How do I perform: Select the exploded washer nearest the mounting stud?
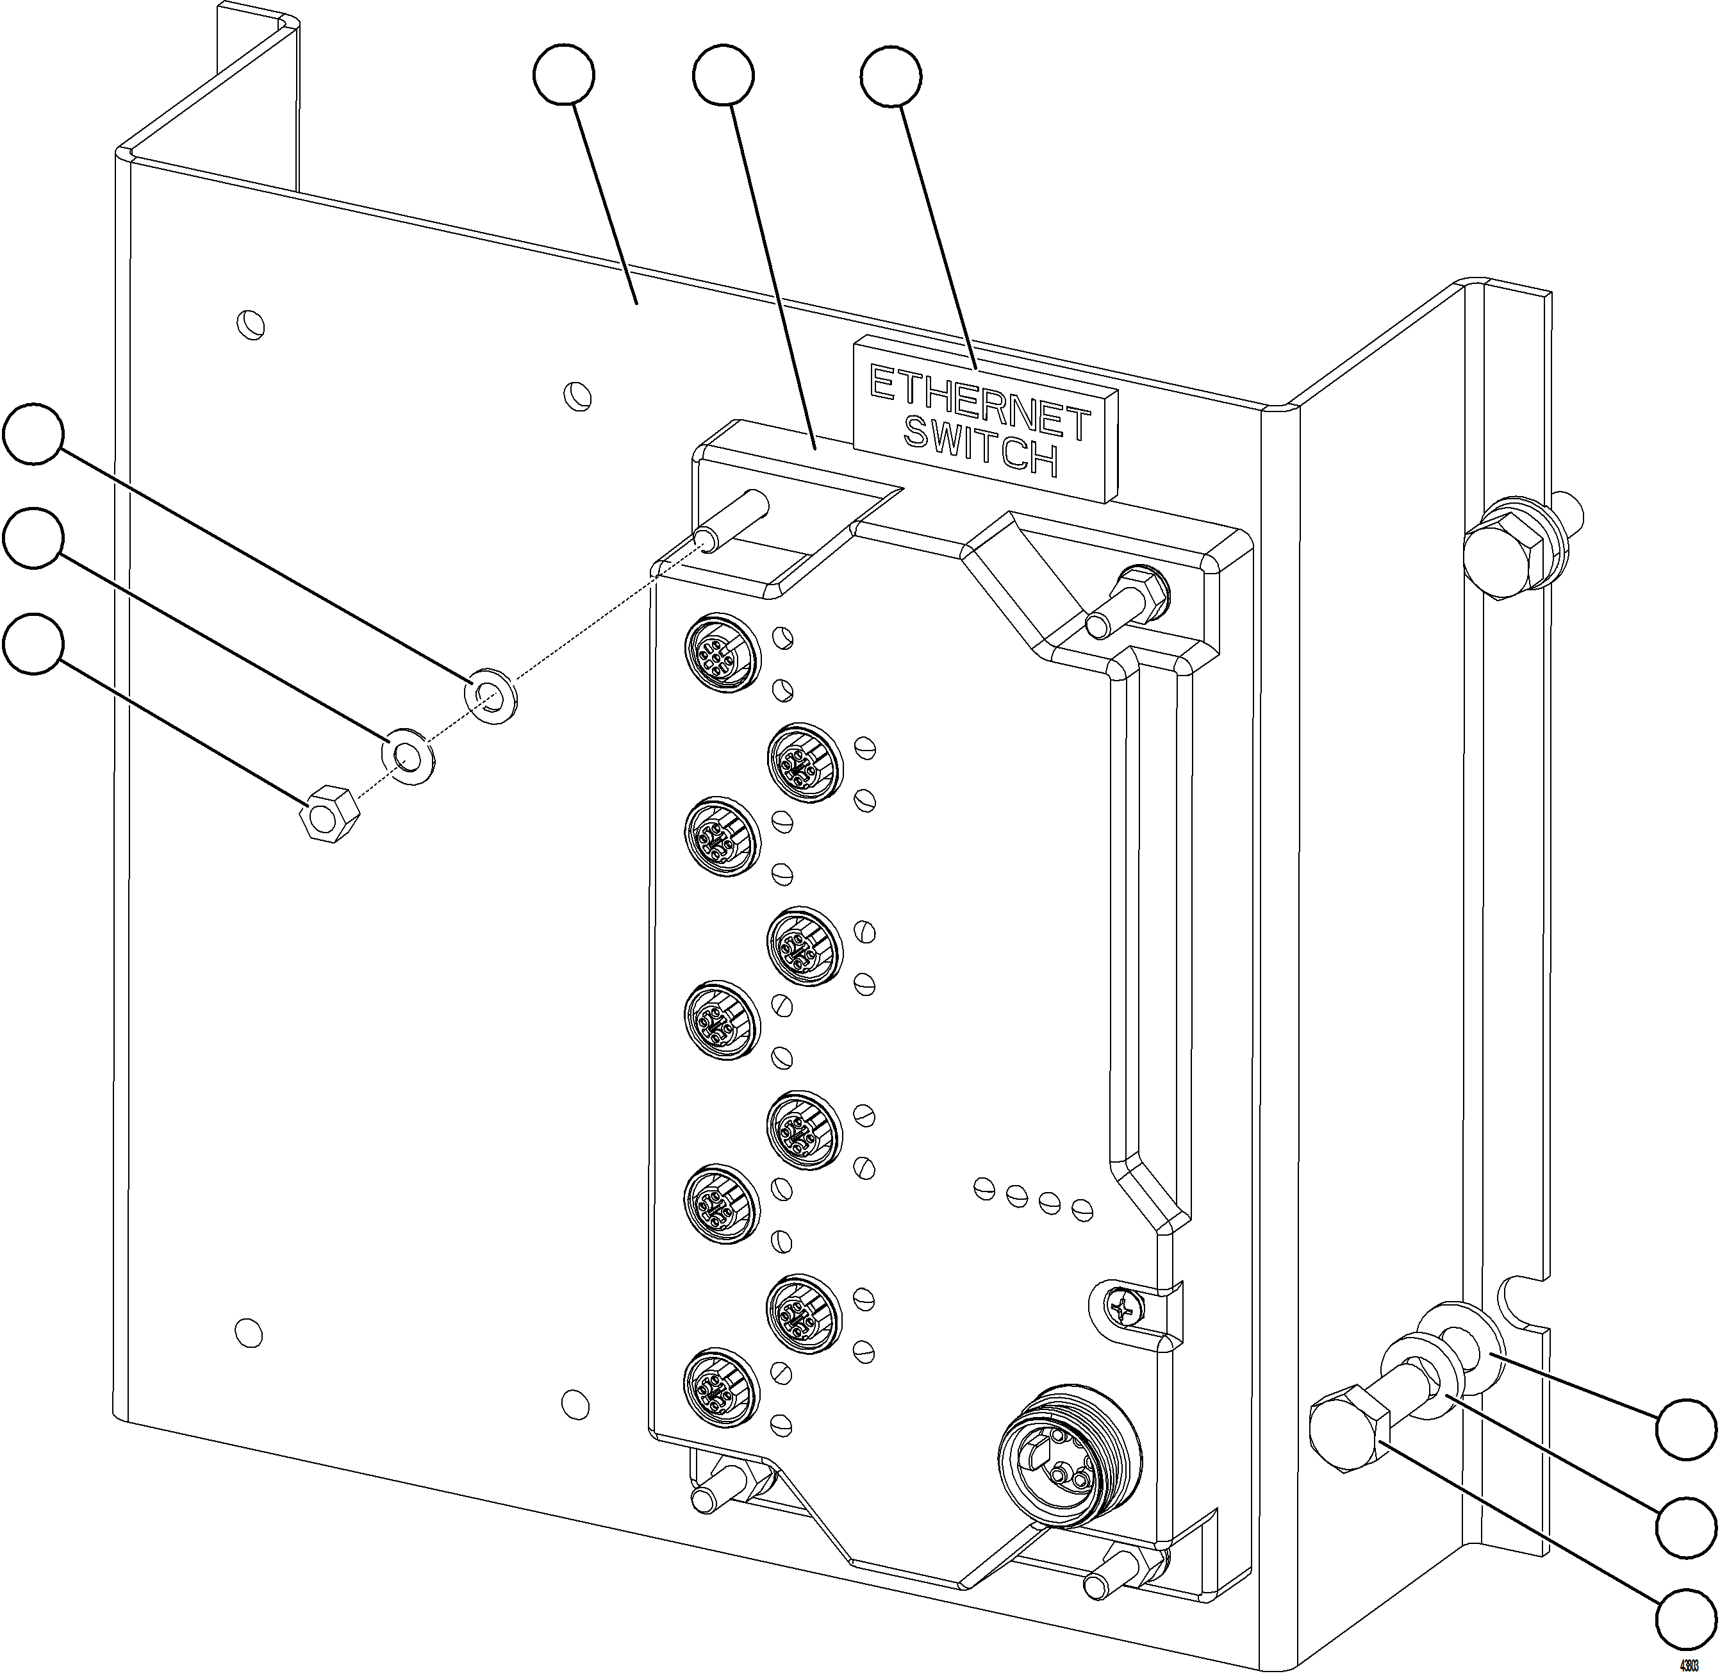click(x=490, y=696)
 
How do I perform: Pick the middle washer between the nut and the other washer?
click(x=408, y=755)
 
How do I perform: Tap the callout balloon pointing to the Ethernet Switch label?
click(x=891, y=78)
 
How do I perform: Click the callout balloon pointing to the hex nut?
click(x=33, y=644)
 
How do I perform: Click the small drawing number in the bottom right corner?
click(x=1689, y=1666)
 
